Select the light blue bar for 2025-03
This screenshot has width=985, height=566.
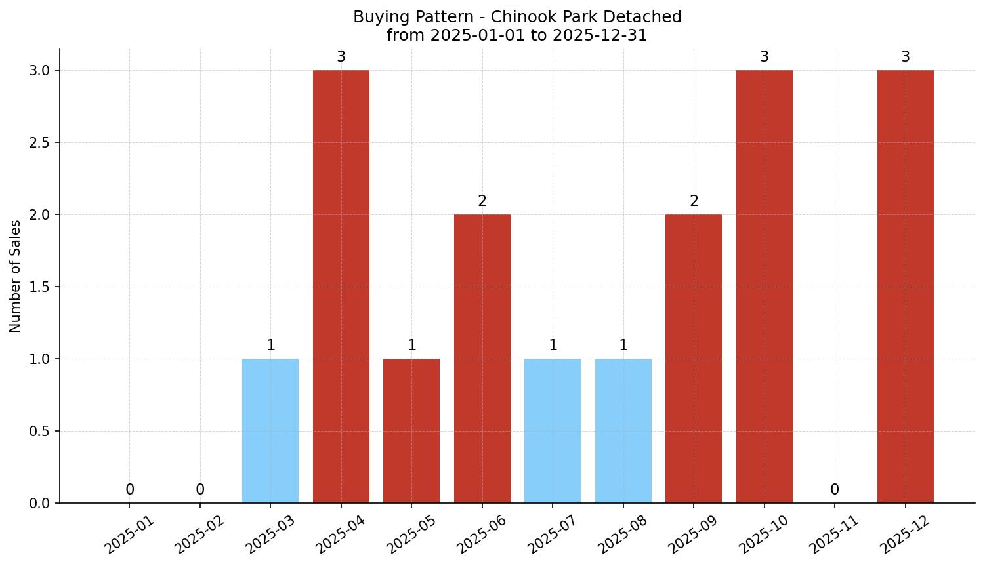(x=270, y=431)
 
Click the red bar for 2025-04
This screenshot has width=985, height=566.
(x=341, y=287)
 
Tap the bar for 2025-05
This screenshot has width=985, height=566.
(x=411, y=431)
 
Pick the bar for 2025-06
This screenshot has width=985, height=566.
(x=482, y=359)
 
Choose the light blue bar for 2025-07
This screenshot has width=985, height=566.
(x=553, y=431)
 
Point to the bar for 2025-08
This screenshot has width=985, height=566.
(x=623, y=431)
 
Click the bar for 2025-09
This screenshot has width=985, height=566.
(x=694, y=359)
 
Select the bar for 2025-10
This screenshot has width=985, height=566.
(x=765, y=287)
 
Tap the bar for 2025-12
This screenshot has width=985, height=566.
(x=906, y=287)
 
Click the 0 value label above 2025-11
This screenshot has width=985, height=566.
(x=835, y=490)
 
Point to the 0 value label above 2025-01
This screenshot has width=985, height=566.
(x=130, y=490)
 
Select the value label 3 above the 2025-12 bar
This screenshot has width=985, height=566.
(x=906, y=57)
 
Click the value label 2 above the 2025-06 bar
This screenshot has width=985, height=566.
(x=482, y=201)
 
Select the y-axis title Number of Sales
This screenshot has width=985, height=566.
(x=16, y=276)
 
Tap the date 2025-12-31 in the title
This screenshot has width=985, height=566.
(x=600, y=35)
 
